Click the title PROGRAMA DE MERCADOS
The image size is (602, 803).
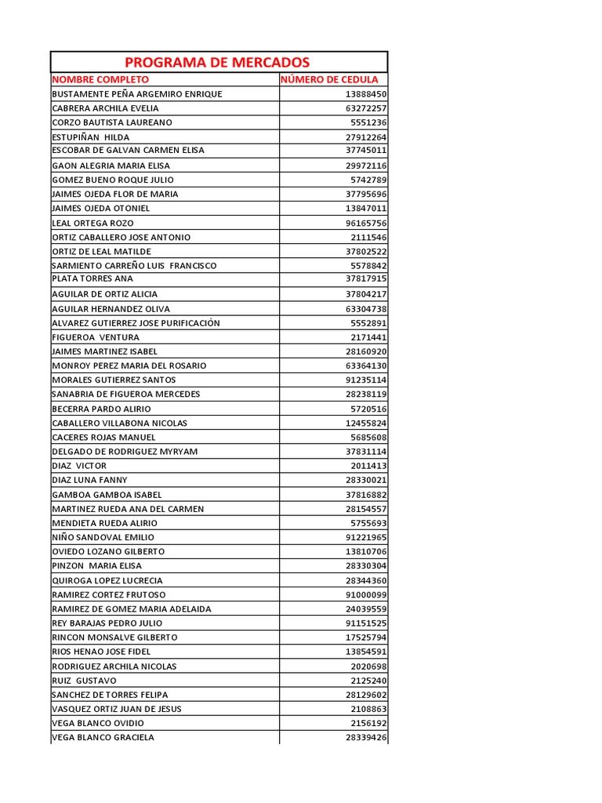[x=217, y=63]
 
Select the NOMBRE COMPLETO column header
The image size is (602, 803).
[x=100, y=79]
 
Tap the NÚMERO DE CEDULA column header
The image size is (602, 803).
[x=329, y=79]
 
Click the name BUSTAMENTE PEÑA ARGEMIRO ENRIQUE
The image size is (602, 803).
[x=137, y=94]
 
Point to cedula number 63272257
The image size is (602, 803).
[x=366, y=108]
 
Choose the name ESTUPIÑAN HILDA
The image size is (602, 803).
[x=91, y=137]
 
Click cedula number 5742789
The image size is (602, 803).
[x=368, y=180]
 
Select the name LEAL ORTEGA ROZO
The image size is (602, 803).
[x=92, y=223]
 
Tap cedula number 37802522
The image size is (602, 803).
[x=366, y=251]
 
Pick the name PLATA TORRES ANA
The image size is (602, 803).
[x=92, y=278]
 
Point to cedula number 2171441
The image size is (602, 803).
[x=368, y=337]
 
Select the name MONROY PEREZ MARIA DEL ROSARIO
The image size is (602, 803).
[x=129, y=365]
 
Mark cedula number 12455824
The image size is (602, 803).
[x=366, y=423]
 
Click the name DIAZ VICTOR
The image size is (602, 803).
[x=79, y=466]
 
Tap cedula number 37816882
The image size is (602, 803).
[x=366, y=494]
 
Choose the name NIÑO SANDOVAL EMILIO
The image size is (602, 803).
[x=103, y=537]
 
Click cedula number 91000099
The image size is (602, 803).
[x=366, y=594]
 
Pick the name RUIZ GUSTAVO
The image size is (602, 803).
[x=84, y=680]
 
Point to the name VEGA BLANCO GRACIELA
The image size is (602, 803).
[x=103, y=737]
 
